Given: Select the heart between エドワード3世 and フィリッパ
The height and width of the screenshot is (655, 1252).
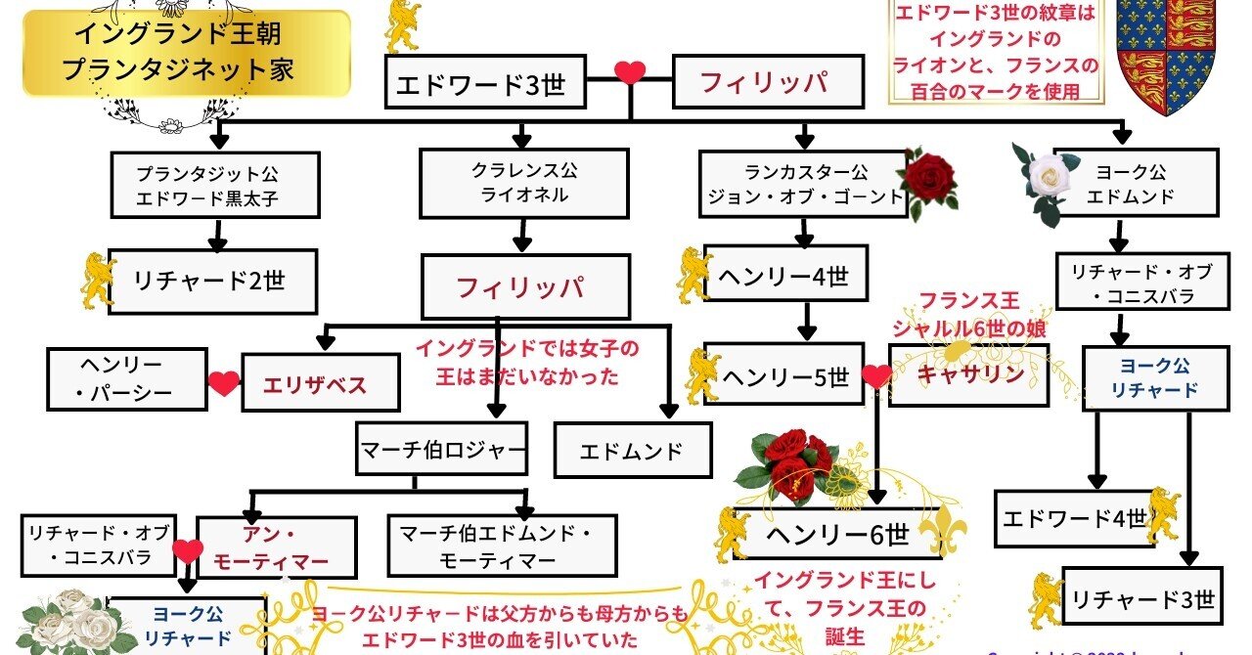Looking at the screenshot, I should (630, 73).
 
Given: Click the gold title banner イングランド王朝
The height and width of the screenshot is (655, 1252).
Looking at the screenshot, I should (186, 54).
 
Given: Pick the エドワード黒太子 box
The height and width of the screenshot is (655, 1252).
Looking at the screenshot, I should (214, 185).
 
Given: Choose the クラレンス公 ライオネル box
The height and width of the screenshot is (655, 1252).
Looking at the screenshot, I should (522, 184).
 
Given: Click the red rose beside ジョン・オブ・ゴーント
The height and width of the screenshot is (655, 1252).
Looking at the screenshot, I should (929, 180).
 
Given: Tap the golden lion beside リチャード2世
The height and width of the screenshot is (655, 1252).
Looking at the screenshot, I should (99, 278).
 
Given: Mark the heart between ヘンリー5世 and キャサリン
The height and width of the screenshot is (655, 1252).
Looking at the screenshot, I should (876, 375).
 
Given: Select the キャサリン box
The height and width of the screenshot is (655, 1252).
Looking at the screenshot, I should (968, 373).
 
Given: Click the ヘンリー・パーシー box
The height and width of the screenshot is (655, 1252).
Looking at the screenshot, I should (127, 379).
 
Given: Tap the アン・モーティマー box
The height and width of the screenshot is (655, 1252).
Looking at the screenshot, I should (276, 546).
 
